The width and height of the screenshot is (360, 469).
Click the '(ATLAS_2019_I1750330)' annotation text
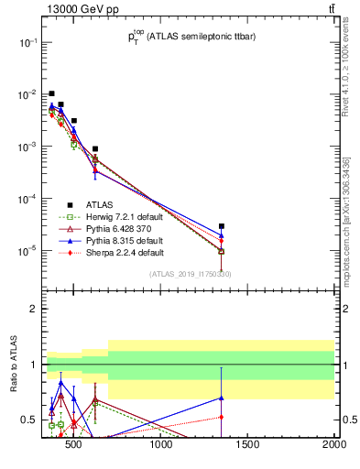click(190, 274)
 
